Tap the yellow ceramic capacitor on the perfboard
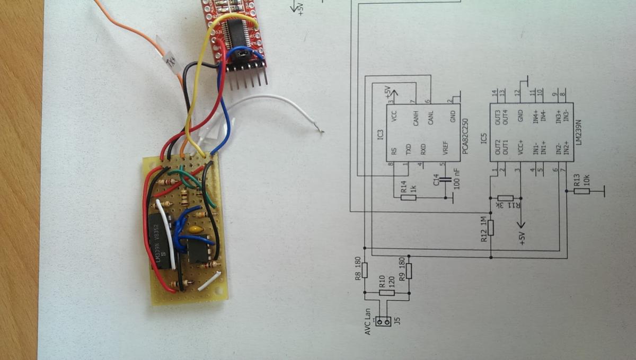196,230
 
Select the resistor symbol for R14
408,198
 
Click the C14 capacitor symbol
447,182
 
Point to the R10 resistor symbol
387,293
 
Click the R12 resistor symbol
491,228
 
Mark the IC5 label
483,139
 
